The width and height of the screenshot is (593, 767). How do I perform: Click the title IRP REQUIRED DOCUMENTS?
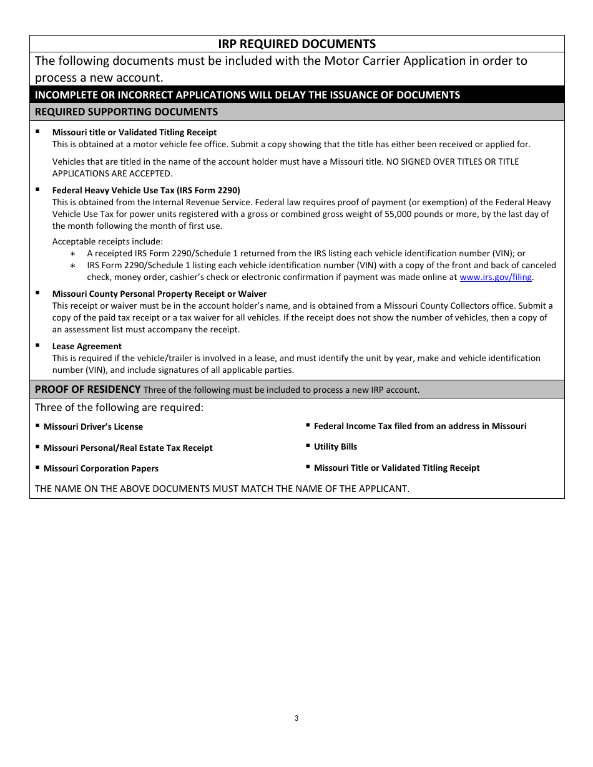(296, 44)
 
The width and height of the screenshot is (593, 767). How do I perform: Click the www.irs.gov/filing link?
(496, 277)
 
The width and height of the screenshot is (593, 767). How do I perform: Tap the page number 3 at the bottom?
(296, 718)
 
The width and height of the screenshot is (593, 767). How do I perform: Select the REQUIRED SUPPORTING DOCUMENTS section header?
(126, 112)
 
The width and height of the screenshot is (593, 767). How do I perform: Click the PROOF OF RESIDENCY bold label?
(87, 389)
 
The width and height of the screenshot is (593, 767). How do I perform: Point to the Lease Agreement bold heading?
(87, 346)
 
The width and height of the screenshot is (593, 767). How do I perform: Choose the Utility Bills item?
(335, 446)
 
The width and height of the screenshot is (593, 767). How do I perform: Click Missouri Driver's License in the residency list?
(93, 427)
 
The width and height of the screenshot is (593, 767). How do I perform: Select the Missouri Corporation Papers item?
(100, 468)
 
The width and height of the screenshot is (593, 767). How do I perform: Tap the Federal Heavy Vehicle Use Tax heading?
(146, 190)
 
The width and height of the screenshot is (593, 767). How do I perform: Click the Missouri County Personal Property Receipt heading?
(159, 294)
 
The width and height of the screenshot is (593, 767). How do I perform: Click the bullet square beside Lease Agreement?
(37, 345)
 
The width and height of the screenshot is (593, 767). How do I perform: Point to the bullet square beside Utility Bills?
(308, 445)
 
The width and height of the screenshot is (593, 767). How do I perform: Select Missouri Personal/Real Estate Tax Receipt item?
(128, 448)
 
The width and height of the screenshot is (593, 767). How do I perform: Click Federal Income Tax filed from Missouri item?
(419, 426)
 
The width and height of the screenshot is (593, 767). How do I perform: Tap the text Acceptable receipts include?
(107, 241)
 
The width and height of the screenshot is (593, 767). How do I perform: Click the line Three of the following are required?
(119, 407)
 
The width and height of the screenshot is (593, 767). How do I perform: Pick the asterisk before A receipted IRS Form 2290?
(73, 254)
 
